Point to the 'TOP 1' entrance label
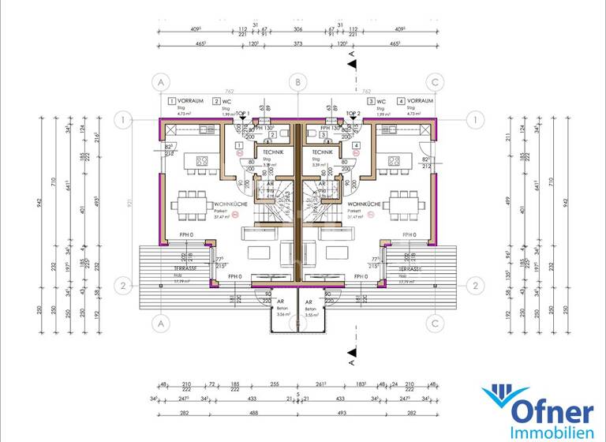(x=242, y=114)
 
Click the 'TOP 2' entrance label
(x=352, y=114)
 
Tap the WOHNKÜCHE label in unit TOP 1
(x=195, y=204)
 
